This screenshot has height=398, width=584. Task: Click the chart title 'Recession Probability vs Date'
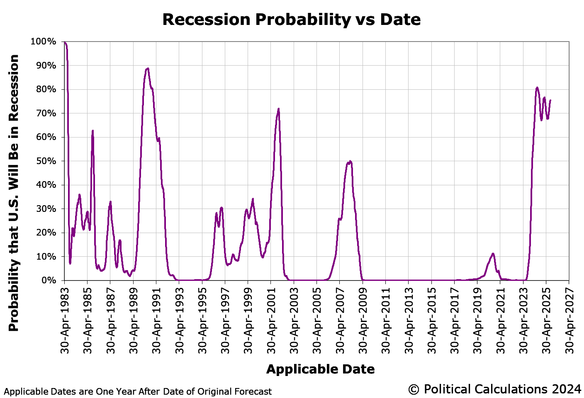pos(291,20)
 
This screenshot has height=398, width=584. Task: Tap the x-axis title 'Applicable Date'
pos(320,369)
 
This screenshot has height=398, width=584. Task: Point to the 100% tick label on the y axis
pos(43,42)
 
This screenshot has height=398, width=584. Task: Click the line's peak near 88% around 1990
pos(148,69)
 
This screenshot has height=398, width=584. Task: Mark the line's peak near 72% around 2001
pos(278,109)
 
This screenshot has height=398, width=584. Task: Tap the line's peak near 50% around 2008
pos(350,161)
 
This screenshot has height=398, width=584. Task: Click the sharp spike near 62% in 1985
pos(92,131)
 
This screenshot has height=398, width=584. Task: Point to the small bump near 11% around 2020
pos(493,253)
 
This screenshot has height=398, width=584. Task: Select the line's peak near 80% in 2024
pos(537,88)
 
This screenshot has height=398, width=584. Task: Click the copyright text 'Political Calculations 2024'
pos(495,389)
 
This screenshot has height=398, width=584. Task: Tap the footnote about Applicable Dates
pos(138,391)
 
